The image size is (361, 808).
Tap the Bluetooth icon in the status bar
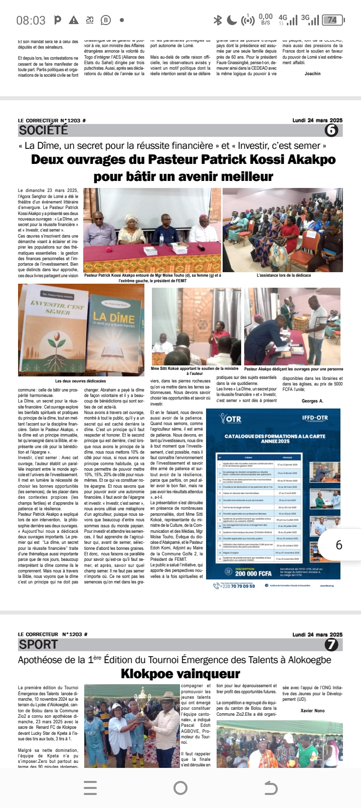pyautogui.click(x=218, y=20)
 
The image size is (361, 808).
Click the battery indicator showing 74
pyautogui.click(x=332, y=20)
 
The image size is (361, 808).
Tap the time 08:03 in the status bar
pyautogui.click(x=31, y=21)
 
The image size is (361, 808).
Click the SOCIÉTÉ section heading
pyautogui.click(x=43, y=130)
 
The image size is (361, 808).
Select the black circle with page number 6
pyautogui.click(x=331, y=130)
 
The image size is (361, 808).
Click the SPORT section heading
pyautogui.click(x=39, y=644)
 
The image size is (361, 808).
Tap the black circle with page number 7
pyautogui.click(x=331, y=644)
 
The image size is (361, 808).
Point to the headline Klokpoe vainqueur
pyautogui.click(x=180, y=674)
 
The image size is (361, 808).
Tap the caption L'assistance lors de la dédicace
pyautogui.click(x=284, y=275)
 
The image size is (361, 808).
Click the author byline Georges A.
pyautogui.click(x=312, y=401)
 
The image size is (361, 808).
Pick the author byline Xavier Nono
pyautogui.click(x=312, y=711)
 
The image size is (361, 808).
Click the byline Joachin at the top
pyautogui.click(x=312, y=74)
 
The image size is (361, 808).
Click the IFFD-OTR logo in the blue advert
pyautogui.click(x=315, y=418)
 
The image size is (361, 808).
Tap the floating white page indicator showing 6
pyautogui.click(x=339, y=545)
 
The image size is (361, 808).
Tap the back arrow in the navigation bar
pyautogui.click(x=270, y=788)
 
